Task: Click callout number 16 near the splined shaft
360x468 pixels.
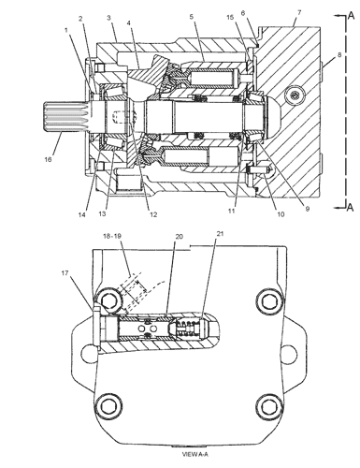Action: coord(48,159)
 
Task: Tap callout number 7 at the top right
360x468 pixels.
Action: coord(299,12)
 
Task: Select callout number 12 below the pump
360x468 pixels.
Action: coord(153,214)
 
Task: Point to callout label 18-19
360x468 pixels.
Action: coord(112,236)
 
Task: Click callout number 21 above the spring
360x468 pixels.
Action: coord(220,233)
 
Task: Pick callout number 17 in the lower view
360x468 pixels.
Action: coord(65,273)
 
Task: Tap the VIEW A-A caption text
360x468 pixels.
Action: coord(194,455)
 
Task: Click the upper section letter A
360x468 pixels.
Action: coord(351,16)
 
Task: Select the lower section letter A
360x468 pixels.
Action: coord(351,207)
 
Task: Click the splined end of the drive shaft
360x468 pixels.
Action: coord(66,118)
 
